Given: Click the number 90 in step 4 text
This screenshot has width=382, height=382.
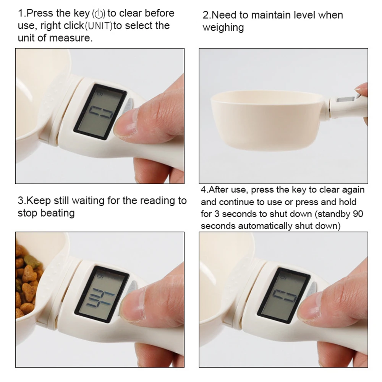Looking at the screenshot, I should (x=358, y=214).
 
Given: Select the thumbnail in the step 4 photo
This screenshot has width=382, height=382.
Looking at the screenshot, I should (x=311, y=308).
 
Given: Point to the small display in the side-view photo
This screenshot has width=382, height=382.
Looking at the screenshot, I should (x=346, y=100).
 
